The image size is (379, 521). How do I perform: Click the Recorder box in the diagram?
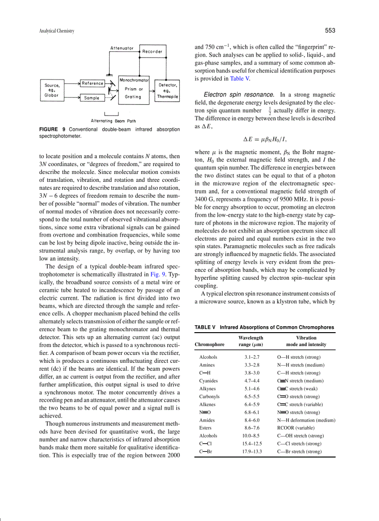152,52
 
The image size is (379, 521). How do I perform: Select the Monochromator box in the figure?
134,89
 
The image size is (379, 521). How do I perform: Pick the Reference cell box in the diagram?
93,84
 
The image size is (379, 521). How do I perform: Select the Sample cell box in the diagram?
92,98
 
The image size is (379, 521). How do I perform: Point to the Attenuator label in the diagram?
122,48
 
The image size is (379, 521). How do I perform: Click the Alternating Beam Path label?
113,121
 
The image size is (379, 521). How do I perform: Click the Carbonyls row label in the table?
209,397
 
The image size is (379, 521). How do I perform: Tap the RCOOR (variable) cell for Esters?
296,428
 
